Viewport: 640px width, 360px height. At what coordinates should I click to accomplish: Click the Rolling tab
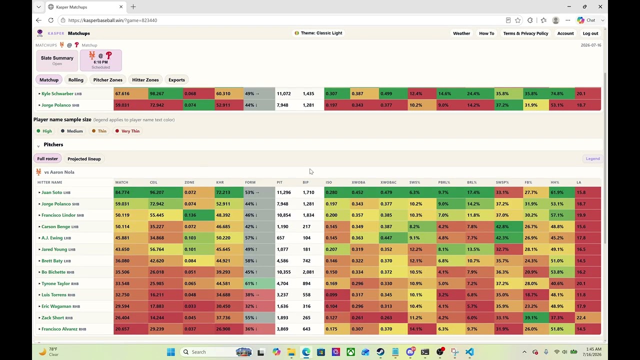tap(75, 79)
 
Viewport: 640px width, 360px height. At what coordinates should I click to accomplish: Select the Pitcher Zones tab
tap(107, 79)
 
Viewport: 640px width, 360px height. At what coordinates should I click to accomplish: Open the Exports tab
tap(176, 79)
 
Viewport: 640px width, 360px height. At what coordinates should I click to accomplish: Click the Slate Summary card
tap(57, 60)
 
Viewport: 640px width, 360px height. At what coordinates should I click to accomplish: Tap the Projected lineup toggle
tap(84, 159)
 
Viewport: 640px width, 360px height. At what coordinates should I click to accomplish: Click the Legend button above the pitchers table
tap(592, 158)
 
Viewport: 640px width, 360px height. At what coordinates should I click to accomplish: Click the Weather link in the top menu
tap(461, 33)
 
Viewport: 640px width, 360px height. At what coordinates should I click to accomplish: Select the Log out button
tap(590, 33)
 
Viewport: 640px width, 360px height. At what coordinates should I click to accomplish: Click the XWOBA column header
tap(358, 182)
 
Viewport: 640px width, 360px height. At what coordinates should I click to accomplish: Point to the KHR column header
tap(220, 182)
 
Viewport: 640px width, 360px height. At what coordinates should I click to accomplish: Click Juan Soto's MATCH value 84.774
tap(122, 192)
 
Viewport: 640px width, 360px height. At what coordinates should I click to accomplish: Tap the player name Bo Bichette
tap(53, 272)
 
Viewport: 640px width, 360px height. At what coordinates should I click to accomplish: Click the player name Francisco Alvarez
tap(59, 329)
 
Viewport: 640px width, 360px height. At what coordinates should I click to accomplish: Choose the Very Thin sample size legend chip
tap(127, 131)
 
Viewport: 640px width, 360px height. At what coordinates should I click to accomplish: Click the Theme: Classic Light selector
tap(318, 33)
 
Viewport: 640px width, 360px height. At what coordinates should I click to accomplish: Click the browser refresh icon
tap(51, 20)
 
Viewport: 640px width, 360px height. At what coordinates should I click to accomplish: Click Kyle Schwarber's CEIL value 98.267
tap(157, 93)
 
